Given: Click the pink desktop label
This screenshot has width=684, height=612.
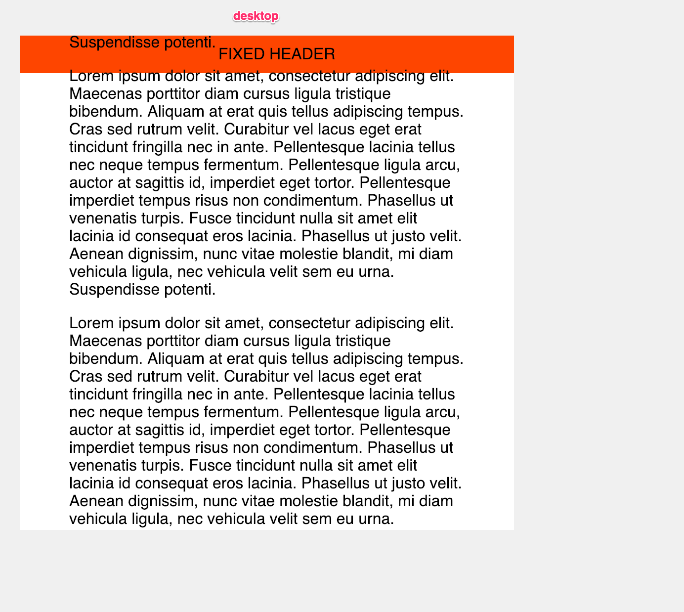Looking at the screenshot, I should coord(256,16).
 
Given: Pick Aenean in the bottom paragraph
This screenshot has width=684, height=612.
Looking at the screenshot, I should coord(96,501).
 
